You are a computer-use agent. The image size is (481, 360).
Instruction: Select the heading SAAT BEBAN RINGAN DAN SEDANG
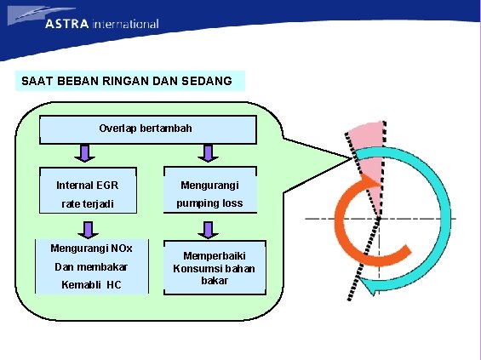click(x=126, y=81)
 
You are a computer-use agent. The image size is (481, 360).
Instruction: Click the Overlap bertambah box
click(x=146, y=129)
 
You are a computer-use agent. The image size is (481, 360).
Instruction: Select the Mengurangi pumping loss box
click(x=209, y=194)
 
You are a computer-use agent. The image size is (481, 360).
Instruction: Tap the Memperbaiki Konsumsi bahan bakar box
click(x=214, y=267)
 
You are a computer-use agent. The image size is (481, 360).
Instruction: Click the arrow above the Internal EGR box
click(x=83, y=153)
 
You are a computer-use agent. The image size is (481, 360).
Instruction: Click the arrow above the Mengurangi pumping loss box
click(x=206, y=153)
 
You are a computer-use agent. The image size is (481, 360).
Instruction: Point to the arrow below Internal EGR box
click(x=83, y=227)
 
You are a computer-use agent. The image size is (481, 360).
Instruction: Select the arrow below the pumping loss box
click(x=206, y=227)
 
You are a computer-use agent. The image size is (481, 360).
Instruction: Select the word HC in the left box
click(x=113, y=283)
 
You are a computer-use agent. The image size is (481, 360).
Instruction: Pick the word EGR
click(x=107, y=185)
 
